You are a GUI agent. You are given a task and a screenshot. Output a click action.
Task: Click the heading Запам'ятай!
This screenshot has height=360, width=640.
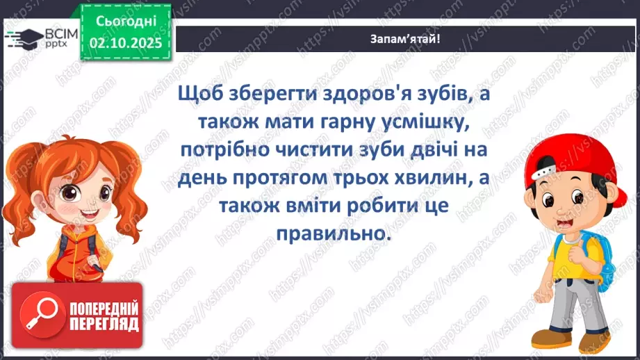404,39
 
